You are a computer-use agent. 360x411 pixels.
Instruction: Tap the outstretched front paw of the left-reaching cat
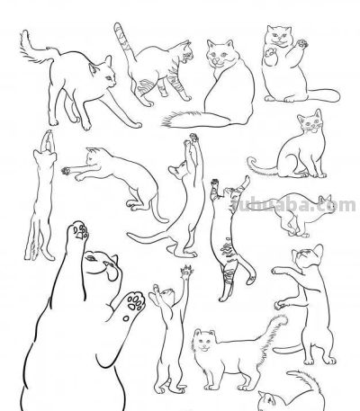pyautogui.click(x=68, y=166)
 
